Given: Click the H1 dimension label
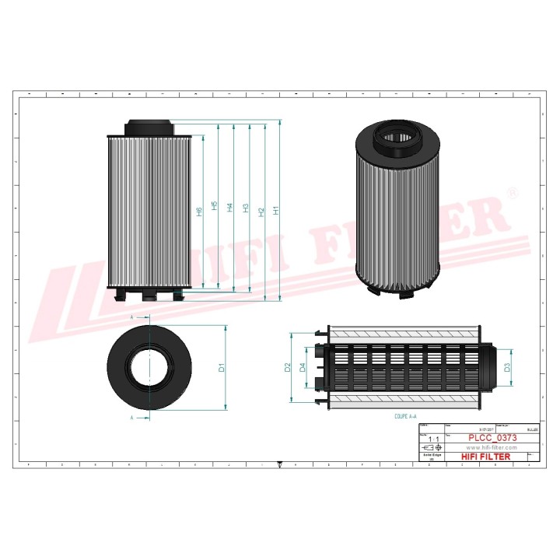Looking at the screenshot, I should (x=276, y=211).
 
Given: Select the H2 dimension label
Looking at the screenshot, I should (x=261, y=211).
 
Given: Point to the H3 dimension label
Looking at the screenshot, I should (x=246, y=209).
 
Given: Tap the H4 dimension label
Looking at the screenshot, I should (x=230, y=208).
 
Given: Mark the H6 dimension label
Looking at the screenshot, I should (x=200, y=212).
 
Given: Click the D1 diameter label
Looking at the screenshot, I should (x=222, y=366).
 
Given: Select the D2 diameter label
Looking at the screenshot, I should (x=288, y=367).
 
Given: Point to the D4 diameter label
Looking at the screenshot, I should (x=303, y=367).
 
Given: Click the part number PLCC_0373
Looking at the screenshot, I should (x=492, y=439).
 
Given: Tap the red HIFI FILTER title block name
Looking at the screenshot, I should (x=486, y=457).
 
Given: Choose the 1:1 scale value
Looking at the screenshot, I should (x=433, y=440).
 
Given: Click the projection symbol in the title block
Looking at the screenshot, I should (x=430, y=450).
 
